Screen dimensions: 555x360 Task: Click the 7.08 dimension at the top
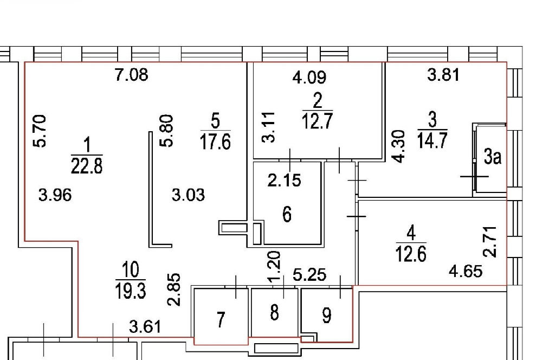point(132,75)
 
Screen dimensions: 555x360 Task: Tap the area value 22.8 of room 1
point(87,166)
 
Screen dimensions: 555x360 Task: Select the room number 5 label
point(215,121)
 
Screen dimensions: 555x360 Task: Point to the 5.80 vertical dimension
point(167,131)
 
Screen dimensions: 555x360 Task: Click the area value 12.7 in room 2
point(317,121)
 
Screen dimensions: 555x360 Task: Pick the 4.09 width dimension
point(309,77)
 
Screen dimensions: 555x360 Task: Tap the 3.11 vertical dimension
point(269,127)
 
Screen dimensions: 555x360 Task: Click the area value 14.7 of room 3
point(432,140)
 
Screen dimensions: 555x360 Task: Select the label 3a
point(493,157)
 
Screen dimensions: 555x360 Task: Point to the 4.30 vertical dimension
point(399,146)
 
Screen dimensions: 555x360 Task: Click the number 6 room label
point(287,215)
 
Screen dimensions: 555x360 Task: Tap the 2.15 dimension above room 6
point(284,181)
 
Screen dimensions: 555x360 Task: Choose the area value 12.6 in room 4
point(411,253)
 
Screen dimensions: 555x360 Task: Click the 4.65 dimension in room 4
point(466,272)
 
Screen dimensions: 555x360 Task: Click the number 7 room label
point(221,320)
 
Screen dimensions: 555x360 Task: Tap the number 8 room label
point(274,313)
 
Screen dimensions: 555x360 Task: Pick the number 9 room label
point(327,316)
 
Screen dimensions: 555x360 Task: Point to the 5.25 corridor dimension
point(309,275)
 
